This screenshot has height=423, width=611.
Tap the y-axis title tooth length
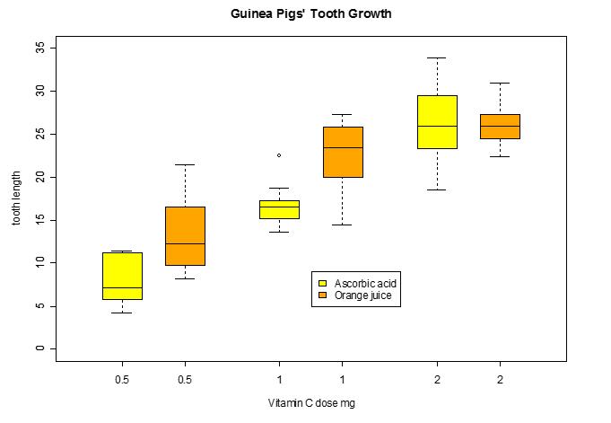(x=15, y=198)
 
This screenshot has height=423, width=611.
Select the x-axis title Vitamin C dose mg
(x=310, y=403)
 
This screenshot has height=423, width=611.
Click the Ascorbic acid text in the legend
(x=365, y=283)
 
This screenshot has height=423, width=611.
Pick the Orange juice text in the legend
(x=362, y=295)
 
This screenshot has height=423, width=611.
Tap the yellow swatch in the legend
(x=323, y=283)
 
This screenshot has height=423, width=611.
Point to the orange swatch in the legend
(x=323, y=295)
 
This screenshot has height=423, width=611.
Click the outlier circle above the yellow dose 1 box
(x=279, y=155)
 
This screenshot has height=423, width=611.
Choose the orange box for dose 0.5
(x=185, y=235)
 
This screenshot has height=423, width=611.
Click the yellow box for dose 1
(x=279, y=209)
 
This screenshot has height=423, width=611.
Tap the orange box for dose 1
(x=342, y=152)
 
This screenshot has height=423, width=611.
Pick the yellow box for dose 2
(x=437, y=121)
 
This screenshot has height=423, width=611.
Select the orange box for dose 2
(x=500, y=126)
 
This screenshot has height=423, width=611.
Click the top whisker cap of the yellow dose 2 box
(x=437, y=57)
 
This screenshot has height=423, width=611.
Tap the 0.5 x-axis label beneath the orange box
(x=185, y=378)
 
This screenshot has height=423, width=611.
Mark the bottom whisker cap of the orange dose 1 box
(x=342, y=225)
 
